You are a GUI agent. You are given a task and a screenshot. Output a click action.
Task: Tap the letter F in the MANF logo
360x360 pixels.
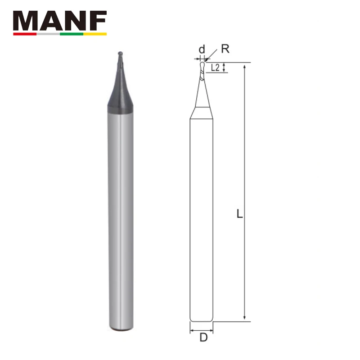99,21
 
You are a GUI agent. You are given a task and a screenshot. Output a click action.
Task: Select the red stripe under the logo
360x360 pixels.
25,34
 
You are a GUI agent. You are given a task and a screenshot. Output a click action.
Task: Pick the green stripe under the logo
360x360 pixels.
72,34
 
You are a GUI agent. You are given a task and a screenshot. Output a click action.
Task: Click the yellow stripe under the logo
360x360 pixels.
95,34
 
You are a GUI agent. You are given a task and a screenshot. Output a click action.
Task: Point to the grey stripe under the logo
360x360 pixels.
48,34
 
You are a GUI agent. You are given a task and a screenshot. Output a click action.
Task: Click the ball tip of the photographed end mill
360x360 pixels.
120,54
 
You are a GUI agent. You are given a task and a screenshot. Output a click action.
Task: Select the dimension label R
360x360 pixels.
225,49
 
